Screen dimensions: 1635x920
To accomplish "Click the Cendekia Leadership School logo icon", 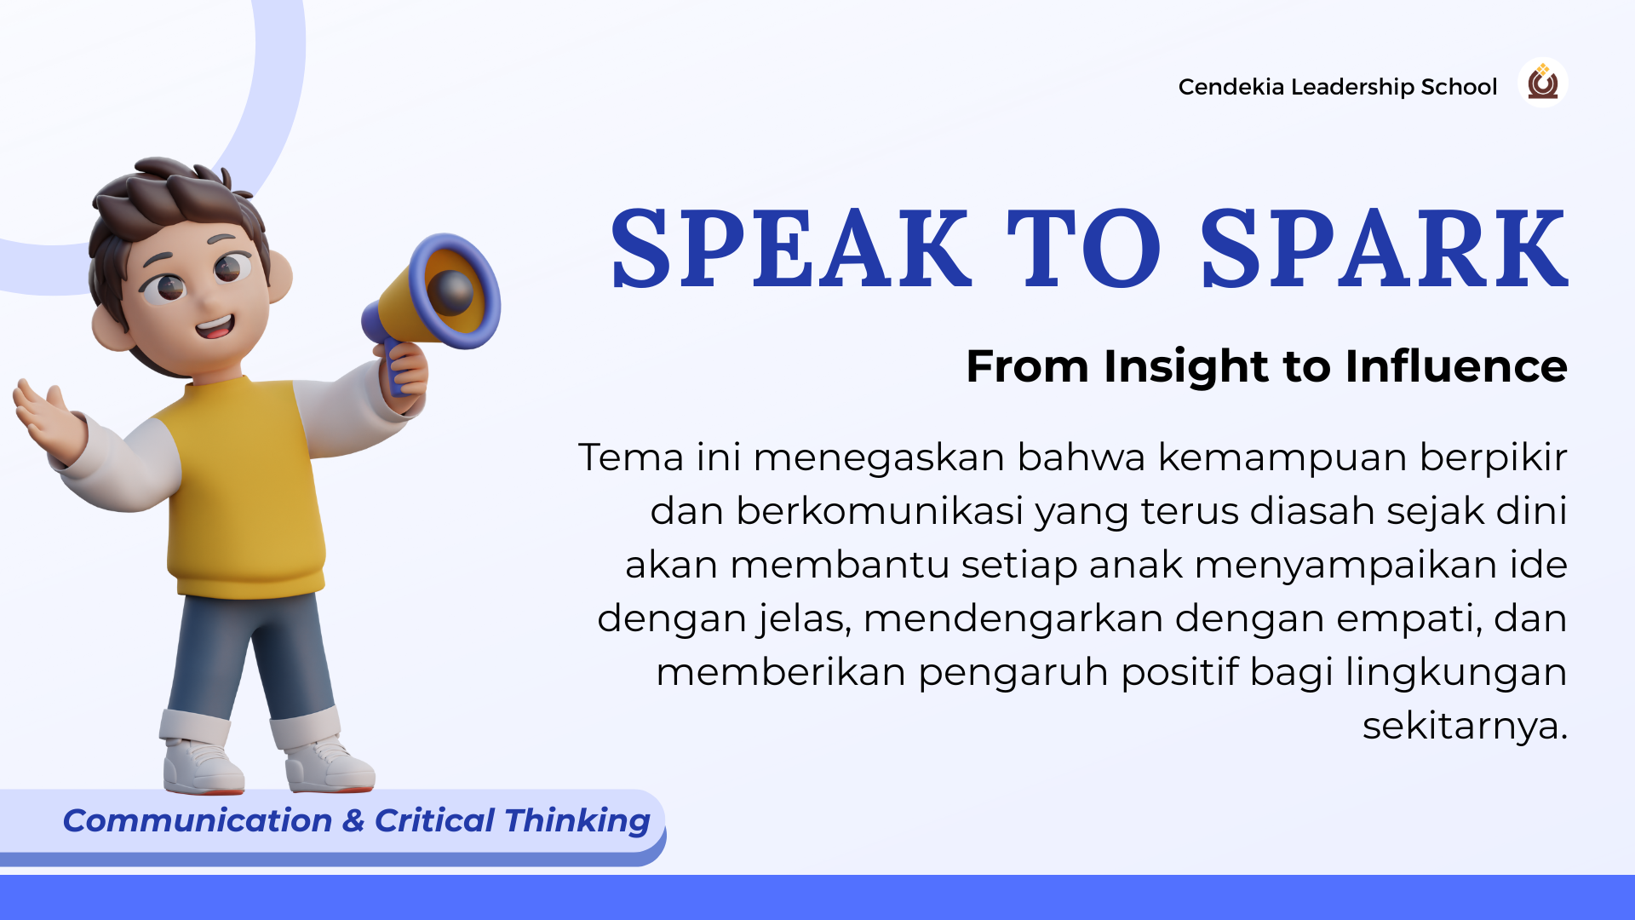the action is pos(1542,83).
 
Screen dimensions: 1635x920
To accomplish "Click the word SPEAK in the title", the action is pos(791,249).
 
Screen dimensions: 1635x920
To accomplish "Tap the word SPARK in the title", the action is pos(1385,249).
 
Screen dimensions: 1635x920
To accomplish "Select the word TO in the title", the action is pos(1084,249).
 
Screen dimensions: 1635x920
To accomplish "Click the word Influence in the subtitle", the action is pos(1456,366).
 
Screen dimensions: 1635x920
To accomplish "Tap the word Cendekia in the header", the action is pos(1231,87).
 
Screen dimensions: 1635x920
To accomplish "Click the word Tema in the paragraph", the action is pos(631,457).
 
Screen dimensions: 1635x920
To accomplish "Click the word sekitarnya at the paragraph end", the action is pos(1465,727).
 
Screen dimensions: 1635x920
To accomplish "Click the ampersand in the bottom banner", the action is pos(353,821).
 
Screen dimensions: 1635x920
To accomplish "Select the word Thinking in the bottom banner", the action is pos(577,821).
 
